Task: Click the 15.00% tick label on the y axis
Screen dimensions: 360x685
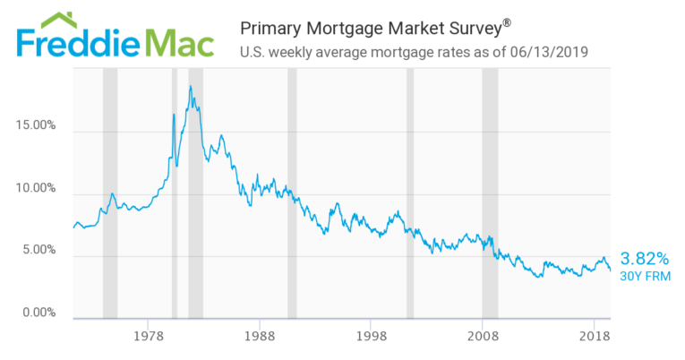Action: [x=36, y=126]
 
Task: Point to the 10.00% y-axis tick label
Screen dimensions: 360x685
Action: [x=36, y=189]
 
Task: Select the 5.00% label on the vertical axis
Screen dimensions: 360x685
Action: [x=39, y=251]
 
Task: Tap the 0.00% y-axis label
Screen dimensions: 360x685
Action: [x=39, y=313]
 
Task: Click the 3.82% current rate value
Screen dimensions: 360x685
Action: [x=645, y=258]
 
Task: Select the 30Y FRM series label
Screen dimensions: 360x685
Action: [x=645, y=276]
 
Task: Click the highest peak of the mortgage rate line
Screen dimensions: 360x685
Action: [x=190, y=87]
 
